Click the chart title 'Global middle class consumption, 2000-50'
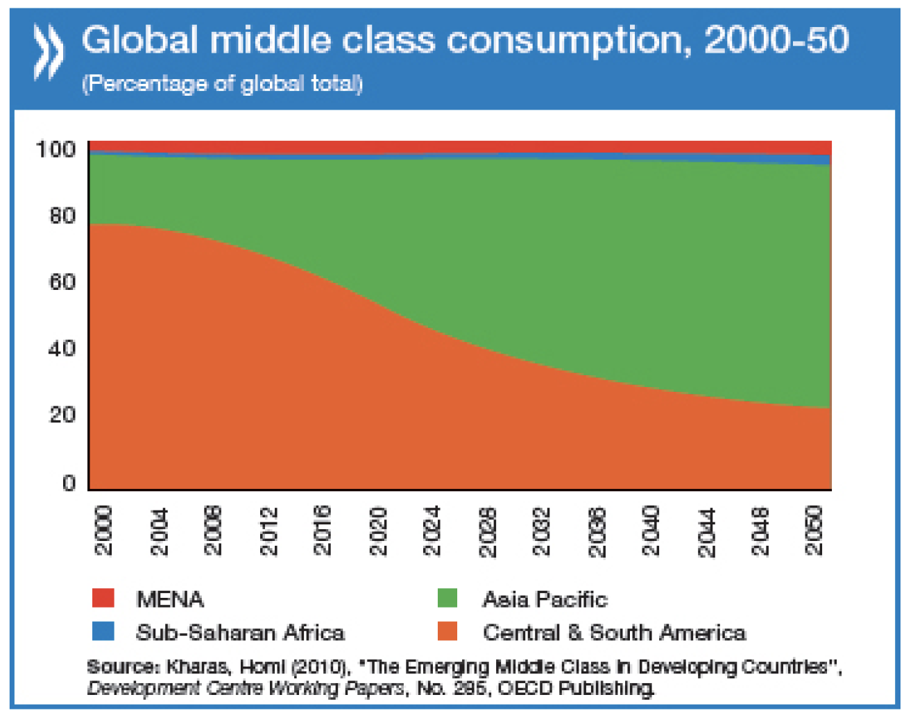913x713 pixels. (x=465, y=40)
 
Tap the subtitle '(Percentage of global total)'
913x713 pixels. (x=222, y=84)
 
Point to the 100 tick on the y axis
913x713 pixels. (x=56, y=149)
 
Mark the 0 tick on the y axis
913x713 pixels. (x=69, y=483)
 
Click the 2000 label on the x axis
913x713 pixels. (x=103, y=531)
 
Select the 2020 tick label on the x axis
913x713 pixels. (x=378, y=531)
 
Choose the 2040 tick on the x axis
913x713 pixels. (x=651, y=531)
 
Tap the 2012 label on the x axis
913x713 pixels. (x=268, y=531)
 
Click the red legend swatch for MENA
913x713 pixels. (x=103, y=598)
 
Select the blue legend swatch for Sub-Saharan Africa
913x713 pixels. (x=103, y=631)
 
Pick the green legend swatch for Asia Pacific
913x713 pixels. (x=447, y=598)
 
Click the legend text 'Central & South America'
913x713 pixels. (x=614, y=633)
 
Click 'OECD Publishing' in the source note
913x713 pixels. (x=575, y=688)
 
